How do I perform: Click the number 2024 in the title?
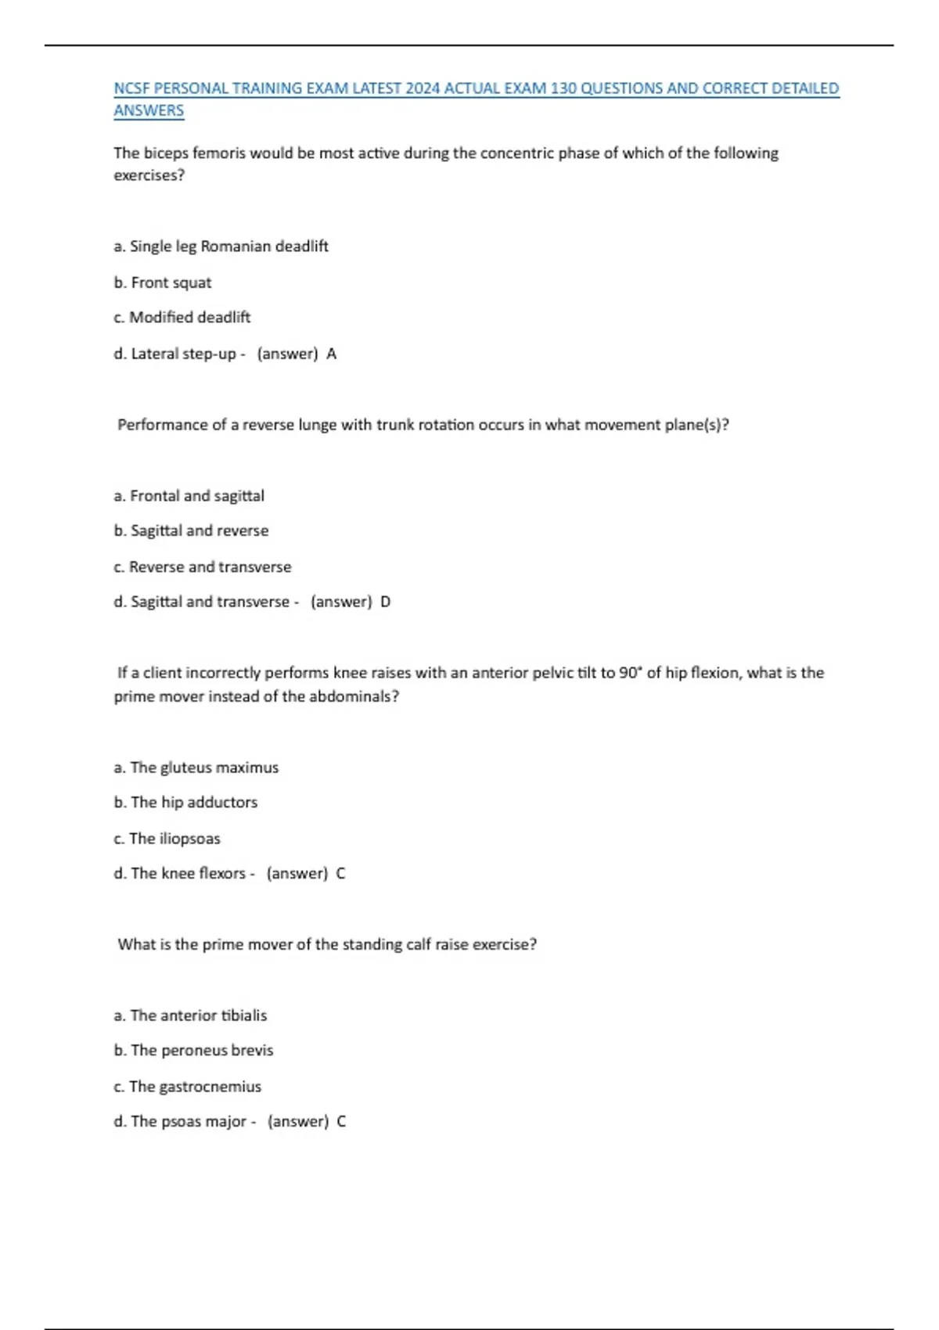coord(423,88)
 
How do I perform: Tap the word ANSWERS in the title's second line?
coord(149,110)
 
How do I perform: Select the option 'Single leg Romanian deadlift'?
coord(221,246)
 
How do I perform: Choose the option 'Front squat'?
coord(163,282)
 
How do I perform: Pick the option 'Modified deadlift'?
coord(182,318)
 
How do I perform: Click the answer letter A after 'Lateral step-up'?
coord(332,354)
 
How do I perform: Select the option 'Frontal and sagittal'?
coord(189,496)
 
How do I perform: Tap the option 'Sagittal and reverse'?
coord(191,530)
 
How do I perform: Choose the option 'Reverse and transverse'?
coord(202,567)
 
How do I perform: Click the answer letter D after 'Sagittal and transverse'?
coord(385,602)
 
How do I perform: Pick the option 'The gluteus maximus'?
coord(196,767)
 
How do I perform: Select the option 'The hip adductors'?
coord(185,802)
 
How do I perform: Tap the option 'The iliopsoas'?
coord(167,839)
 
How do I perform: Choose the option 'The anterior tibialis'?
coord(190,1015)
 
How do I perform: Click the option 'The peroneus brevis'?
coord(193,1050)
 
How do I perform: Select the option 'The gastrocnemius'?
coord(187,1087)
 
